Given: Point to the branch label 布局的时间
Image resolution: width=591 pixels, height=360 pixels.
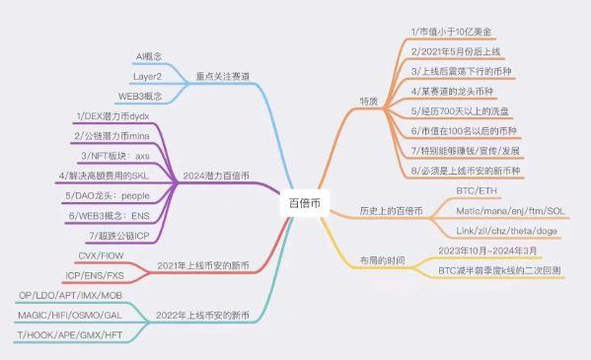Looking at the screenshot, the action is (384, 260).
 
